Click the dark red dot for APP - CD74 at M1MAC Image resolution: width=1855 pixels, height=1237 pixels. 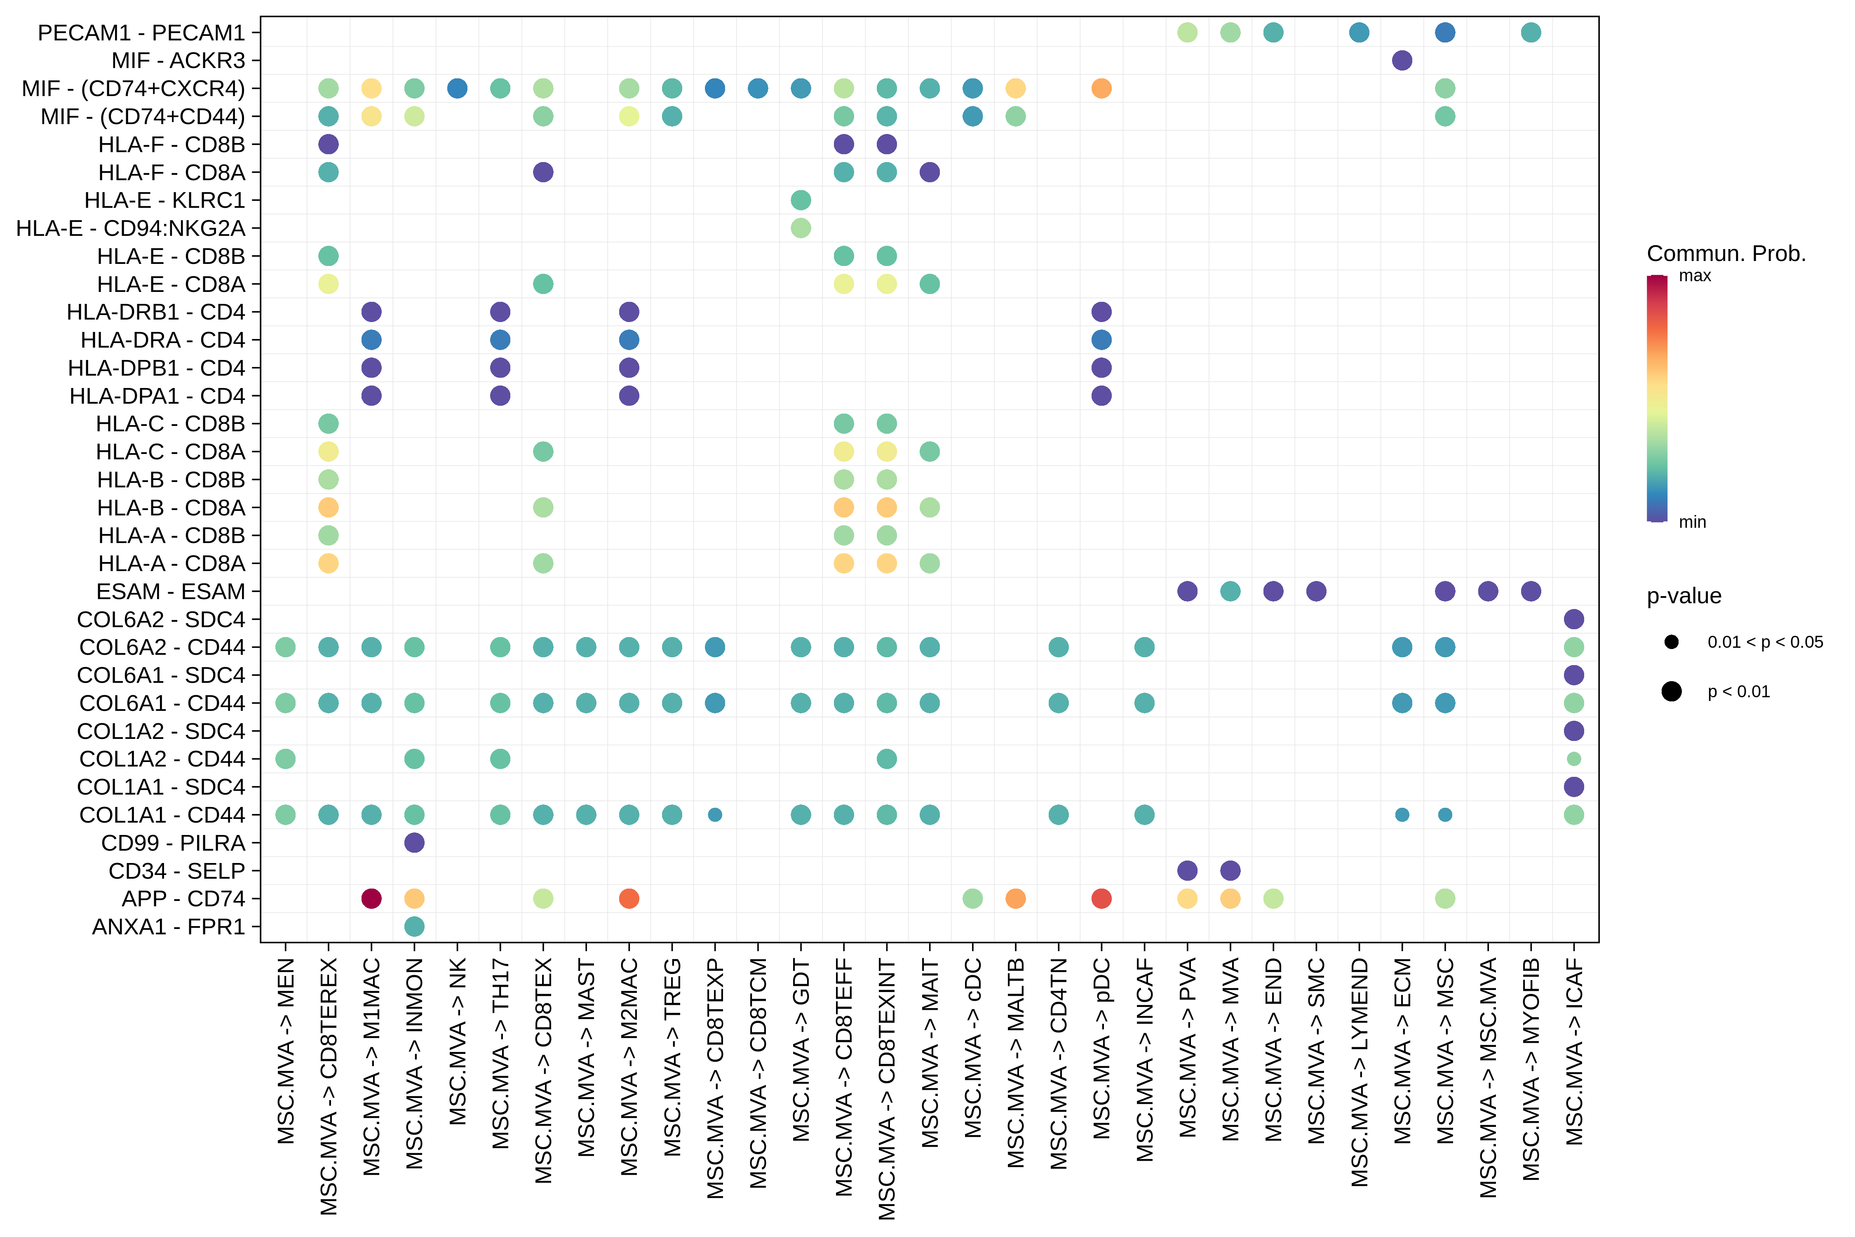(371, 898)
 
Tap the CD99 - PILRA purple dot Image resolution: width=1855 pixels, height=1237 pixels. (414, 842)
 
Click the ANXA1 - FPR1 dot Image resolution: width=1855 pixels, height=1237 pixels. (414, 926)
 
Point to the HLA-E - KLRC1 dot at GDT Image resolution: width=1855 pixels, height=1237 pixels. (801, 200)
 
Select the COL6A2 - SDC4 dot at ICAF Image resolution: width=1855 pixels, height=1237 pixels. (1573, 619)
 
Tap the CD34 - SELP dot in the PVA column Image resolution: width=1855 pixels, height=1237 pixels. (1187, 871)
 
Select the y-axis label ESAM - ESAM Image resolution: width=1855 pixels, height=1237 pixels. (170, 592)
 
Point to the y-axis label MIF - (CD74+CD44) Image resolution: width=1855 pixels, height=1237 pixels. (143, 117)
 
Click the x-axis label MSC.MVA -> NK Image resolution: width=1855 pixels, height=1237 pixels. (458, 1042)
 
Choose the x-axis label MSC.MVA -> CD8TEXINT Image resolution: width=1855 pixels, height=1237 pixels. (887, 1089)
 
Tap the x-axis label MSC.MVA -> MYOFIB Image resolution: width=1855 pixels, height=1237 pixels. (1531, 1069)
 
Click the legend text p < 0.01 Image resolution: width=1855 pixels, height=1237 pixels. (1738, 692)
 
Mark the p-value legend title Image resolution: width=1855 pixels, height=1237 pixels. (1684, 596)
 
